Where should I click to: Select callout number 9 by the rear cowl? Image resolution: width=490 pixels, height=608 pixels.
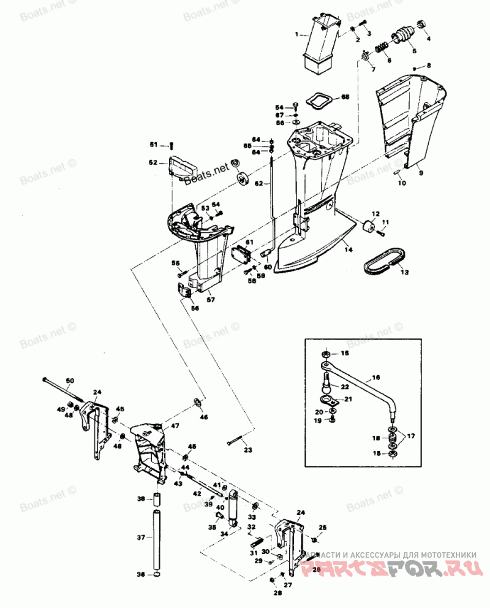tap(420, 173)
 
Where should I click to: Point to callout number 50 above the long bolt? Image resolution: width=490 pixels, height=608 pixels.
tap(70, 381)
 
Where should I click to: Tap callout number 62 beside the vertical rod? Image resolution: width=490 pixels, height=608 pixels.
tap(258, 183)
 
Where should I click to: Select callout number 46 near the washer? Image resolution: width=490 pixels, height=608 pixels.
tap(203, 417)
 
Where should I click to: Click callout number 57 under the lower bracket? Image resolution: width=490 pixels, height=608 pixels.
tap(210, 300)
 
